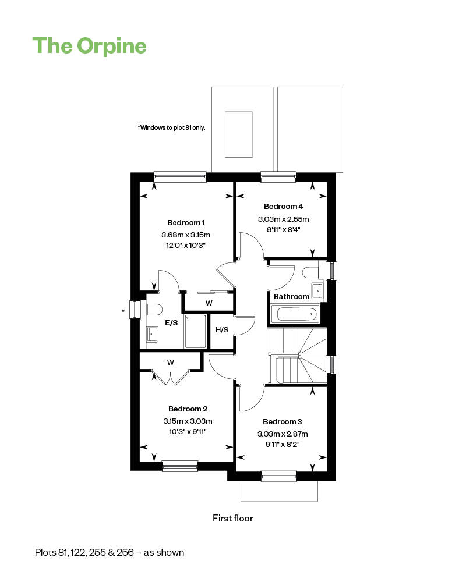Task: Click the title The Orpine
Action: pyautogui.click(x=90, y=46)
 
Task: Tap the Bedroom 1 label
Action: pyautogui.click(x=186, y=223)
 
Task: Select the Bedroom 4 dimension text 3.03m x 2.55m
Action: pyautogui.click(x=284, y=219)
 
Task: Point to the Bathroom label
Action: pyautogui.click(x=292, y=297)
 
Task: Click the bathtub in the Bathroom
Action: pyautogui.click(x=295, y=315)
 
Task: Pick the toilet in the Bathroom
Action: pyautogui.click(x=310, y=273)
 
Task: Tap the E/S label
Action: pyautogui.click(x=171, y=323)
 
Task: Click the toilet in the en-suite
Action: pyautogui.click(x=154, y=310)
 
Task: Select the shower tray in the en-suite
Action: pyautogui.click(x=195, y=332)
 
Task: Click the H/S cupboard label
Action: pyautogui.click(x=222, y=329)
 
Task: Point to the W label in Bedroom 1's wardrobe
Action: pyautogui.click(x=209, y=303)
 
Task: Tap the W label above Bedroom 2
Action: pyautogui.click(x=171, y=362)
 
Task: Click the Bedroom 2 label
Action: pyautogui.click(x=188, y=409)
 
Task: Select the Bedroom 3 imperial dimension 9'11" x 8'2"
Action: pyautogui.click(x=283, y=444)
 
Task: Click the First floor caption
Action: pyautogui.click(x=233, y=518)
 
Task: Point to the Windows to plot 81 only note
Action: pyautogui.click(x=171, y=127)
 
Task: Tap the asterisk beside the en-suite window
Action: pyautogui.click(x=123, y=311)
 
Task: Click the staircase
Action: pyautogui.click(x=298, y=356)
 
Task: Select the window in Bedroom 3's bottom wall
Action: pyautogui.click(x=278, y=476)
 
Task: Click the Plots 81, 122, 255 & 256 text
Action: pyautogui.click(x=110, y=553)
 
